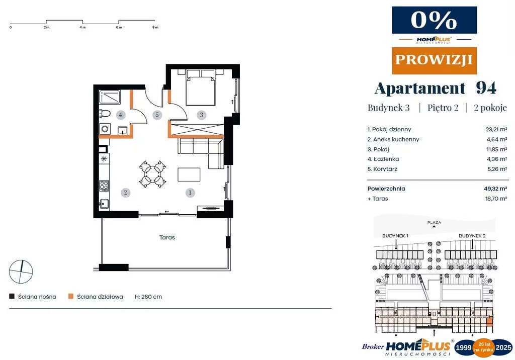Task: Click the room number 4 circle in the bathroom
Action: (x=121, y=115)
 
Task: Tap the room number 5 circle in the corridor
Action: (x=157, y=115)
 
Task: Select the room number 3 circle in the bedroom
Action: (x=201, y=115)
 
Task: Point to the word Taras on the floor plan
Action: (x=167, y=237)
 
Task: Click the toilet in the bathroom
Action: (x=105, y=114)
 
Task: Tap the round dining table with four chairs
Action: (x=152, y=174)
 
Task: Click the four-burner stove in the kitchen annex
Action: (x=104, y=186)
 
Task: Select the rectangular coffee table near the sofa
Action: (x=189, y=174)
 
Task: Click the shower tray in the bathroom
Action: (x=110, y=97)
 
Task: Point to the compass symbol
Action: (x=21, y=272)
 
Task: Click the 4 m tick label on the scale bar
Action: (x=82, y=28)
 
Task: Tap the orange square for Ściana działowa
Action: (x=70, y=296)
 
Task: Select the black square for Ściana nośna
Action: (x=12, y=296)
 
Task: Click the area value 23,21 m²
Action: (x=496, y=129)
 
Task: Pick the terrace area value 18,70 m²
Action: (x=496, y=199)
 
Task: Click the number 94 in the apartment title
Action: (x=486, y=88)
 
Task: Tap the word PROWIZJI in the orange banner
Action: (x=434, y=60)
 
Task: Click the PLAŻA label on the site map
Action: (x=434, y=222)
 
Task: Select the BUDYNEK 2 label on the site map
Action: (x=472, y=236)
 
